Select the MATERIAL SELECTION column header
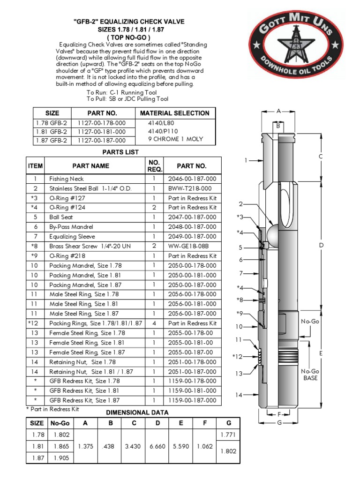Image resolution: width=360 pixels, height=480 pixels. click(174, 113)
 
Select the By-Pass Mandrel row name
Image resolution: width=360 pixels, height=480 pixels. click(70, 227)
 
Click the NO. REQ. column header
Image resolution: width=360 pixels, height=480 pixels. click(154, 165)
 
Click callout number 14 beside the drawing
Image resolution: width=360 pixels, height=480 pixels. click(239, 395)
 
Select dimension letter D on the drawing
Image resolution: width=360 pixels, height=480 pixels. click(322, 245)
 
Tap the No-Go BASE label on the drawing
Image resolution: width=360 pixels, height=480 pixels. click(310, 375)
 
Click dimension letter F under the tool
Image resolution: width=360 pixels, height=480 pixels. click(279, 414)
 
